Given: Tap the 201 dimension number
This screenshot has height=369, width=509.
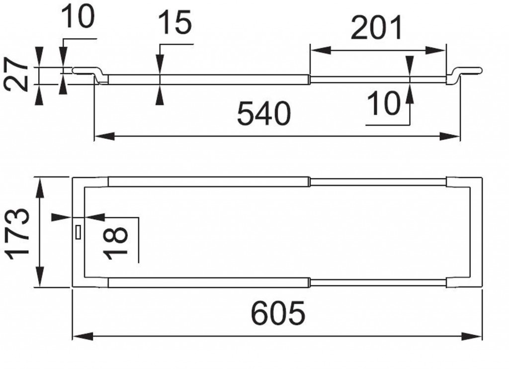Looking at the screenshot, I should (x=376, y=30).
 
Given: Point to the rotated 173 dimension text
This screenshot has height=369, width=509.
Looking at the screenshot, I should (x=18, y=232).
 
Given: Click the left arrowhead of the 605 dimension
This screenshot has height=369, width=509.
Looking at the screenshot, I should (x=79, y=338).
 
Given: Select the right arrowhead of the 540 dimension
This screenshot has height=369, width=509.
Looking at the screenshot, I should (x=454, y=135).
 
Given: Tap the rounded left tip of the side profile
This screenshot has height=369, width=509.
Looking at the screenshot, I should (x=75, y=71).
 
